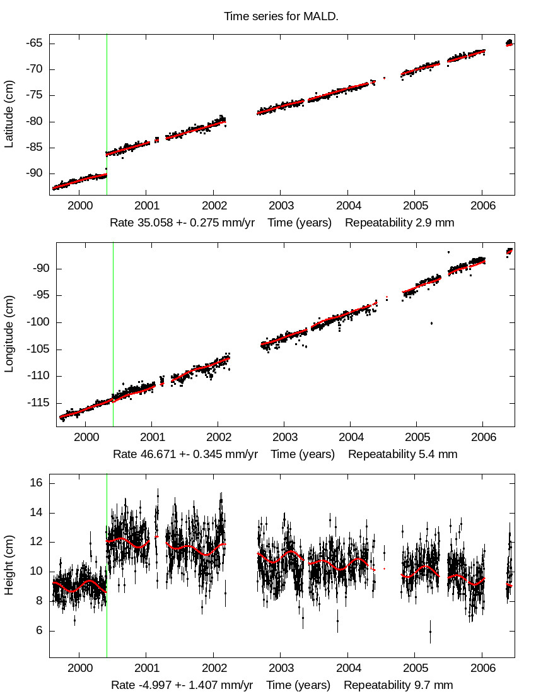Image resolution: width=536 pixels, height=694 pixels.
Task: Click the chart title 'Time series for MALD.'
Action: click(281, 16)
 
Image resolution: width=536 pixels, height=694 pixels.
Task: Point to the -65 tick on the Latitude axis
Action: click(33, 43)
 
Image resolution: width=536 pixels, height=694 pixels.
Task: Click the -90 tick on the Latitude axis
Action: click(33, 173)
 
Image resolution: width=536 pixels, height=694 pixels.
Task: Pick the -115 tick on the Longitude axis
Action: click(31, 403)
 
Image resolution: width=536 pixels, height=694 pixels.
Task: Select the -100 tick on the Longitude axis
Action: click(31, 322)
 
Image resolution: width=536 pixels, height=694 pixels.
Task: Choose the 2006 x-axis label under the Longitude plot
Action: click(482, 437)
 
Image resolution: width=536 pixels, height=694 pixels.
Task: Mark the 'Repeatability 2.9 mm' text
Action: click(399, 223)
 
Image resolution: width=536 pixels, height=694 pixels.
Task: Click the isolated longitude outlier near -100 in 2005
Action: click(431, 323)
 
